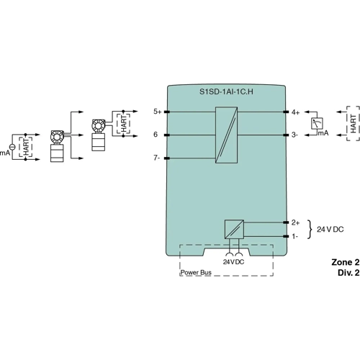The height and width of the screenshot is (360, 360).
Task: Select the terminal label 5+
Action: click(158, 112)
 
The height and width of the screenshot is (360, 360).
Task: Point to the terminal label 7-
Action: click(157, 158)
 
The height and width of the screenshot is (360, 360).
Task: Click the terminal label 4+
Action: click(294, 112)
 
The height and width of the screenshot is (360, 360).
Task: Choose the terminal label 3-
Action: click(294, 135)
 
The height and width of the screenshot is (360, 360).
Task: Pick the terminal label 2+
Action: click(294, 222)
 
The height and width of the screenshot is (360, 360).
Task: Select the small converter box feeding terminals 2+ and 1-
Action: click(234, 230)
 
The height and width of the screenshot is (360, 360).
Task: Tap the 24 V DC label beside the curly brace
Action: click(330, 229)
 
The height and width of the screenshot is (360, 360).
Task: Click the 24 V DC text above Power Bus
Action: click(234, 262)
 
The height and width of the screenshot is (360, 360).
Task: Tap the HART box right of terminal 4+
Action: click(352, 123)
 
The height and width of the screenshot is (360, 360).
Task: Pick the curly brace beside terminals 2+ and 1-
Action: click(310, 229)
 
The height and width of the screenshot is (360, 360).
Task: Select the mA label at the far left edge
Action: click(4, 153)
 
